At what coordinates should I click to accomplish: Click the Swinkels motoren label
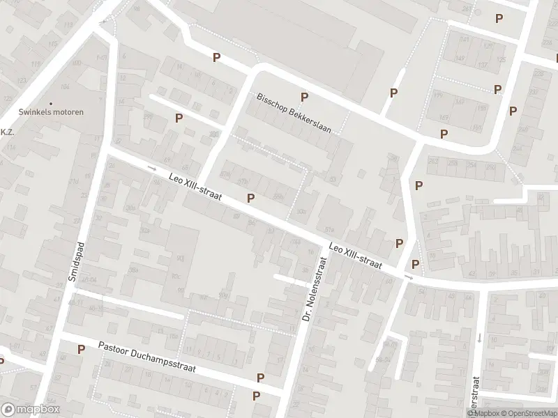(51, 112)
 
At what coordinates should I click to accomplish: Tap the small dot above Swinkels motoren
(51, 103)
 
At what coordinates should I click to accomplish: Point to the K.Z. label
(8, 132)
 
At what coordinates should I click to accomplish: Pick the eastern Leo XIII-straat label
(356, 254)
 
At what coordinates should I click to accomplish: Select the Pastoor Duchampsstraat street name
(147, 357)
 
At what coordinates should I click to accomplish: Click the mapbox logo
(31, 410)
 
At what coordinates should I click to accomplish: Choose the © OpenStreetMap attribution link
(529, 412)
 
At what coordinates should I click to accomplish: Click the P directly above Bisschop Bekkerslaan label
(303, 97)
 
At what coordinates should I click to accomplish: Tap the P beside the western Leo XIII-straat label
(250, 198)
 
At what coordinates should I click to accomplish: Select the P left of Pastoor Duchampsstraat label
(81, 349)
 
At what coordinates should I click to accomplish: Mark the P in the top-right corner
(498, 19)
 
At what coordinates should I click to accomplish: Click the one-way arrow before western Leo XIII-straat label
(151, 169)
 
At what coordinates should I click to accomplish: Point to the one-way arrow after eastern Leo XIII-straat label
(409, 277)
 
